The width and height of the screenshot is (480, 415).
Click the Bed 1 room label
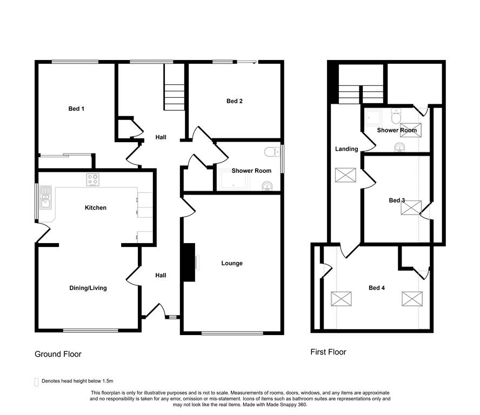(x=76, y=109)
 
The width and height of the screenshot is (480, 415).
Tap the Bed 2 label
(x=235, y=101)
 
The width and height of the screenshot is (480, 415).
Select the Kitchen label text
(x=96, y=207)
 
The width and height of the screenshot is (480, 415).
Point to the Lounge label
(x=232, y=263)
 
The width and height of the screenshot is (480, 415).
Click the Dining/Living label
(x=88, y=288)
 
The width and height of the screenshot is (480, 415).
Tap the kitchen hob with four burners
(x=93, y=179)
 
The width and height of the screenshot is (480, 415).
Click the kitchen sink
(x=45, y=197)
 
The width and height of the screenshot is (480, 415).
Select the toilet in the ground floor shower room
(x=272, y=152)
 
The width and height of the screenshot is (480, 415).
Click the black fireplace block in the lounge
(x=189, y=262)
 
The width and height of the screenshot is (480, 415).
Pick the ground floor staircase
(x=175, y=87)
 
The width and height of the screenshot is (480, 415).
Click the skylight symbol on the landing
(x=345, y=175)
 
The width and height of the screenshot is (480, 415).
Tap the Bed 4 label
(x=377, y=287)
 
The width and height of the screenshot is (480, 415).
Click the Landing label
(x=346, y=149)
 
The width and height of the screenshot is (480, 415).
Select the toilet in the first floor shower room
(x=396, y=116)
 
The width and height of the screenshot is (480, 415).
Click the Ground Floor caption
(x=58, y=354)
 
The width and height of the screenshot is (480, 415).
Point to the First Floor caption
(x=328, y=352)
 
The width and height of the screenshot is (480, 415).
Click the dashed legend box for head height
(x=36, y=382)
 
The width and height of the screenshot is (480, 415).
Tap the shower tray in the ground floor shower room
(x=234, y=180)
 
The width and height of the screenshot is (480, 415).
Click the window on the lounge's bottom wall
(x=232, y=333)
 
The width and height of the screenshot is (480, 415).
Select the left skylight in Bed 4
(x=341, y=299)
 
